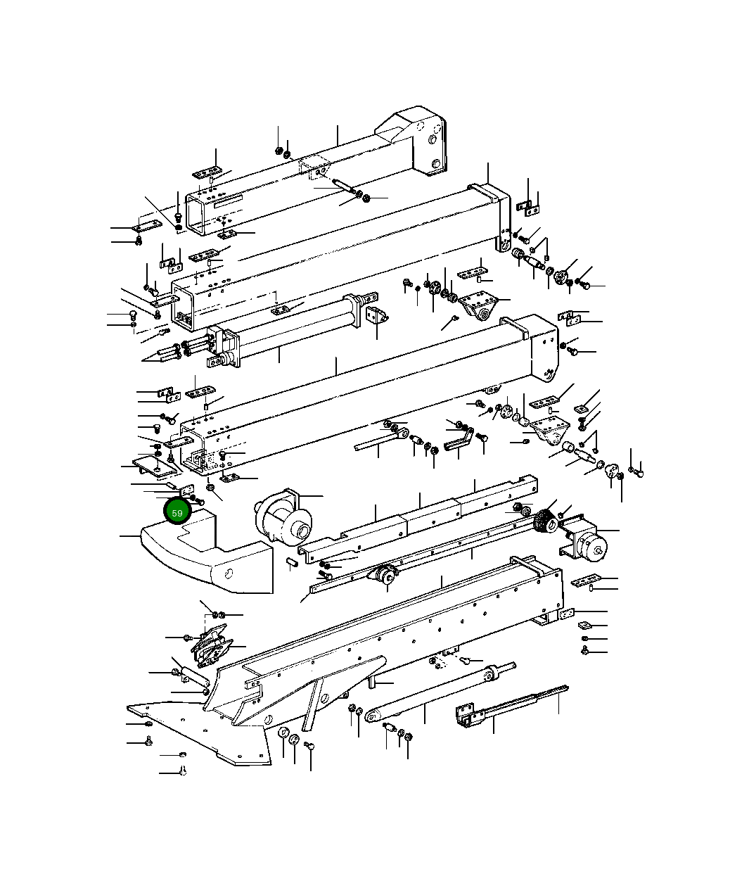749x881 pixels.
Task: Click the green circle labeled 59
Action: pyautogui.click(x=177, y=512)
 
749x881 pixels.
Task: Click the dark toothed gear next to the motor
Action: pyautogui.click(x=543, y=521)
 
